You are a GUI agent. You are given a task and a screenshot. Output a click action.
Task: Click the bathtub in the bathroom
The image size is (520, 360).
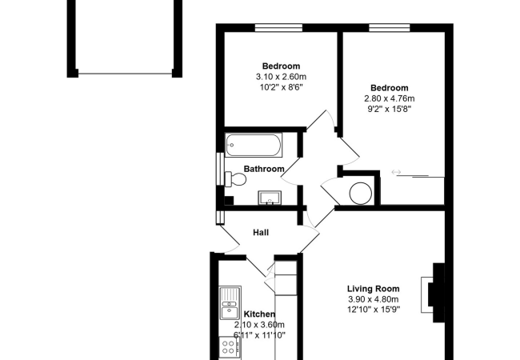click(254, 145)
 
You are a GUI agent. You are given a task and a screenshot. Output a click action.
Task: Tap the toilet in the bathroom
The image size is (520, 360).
click(235, 179)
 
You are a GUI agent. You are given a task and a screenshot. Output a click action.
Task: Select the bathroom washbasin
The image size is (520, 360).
click(270, 198)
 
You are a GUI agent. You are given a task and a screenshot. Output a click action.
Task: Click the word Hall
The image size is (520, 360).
click(261, 232)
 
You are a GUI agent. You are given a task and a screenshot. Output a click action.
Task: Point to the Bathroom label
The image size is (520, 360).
click(264, 169)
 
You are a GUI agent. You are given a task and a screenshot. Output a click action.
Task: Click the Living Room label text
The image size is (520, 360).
click(373, 289)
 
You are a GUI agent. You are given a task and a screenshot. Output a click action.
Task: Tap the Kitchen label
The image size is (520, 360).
click(259, 314)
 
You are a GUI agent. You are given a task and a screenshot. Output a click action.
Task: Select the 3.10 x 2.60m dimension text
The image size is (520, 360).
click(281, 77)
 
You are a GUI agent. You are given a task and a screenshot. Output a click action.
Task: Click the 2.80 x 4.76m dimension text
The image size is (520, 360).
click(390, 98)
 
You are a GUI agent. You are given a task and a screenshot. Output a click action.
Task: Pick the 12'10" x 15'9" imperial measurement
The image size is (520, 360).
click(373, 310)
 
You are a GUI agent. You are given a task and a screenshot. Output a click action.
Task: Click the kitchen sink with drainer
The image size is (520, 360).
click(230, 303)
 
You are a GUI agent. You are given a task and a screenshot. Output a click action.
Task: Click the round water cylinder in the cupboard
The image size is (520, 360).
click(361, 194)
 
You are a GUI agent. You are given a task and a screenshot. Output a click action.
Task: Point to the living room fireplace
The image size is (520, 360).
click(433, 293)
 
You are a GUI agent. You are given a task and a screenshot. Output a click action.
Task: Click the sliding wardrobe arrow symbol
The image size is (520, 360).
click(396, 172)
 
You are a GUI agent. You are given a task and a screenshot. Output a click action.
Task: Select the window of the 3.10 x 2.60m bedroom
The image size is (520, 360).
click(278, 28)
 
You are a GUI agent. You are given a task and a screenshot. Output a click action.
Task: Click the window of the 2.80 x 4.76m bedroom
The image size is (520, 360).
click(390, 28)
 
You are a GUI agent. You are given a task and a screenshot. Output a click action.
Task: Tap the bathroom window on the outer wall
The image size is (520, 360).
click(220, 168)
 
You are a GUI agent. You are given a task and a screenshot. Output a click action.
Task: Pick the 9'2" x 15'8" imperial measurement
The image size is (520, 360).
click(390, 109)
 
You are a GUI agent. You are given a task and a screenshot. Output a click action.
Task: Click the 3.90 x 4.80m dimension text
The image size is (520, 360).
click(373, 299)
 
